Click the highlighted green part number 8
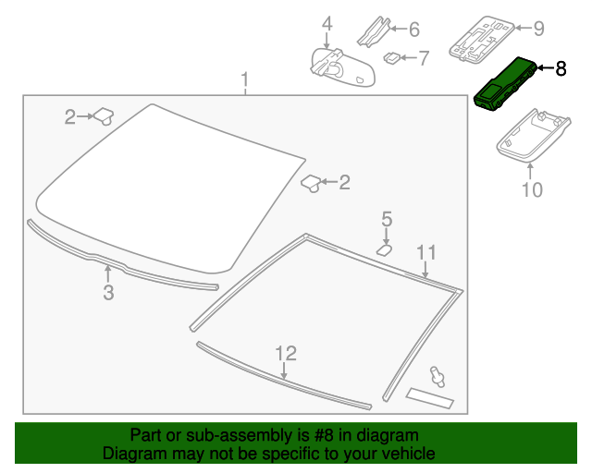[504, 85]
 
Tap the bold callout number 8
[561, 68]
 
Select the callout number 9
[538, 29]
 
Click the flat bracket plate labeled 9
[482, 38]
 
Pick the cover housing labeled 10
[533, 137]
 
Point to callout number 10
[532, 189]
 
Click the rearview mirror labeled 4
[341, 68]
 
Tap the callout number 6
[414, 30]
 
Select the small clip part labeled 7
[392, 57]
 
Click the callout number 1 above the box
[245, 79]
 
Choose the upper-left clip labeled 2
[104, 115]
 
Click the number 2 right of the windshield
[344, 182]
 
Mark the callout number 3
[108, 292]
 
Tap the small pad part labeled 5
[385, 249]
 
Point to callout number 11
[426, 252]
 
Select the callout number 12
[286, 354]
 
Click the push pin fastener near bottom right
[437, 376]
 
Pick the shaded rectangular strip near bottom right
[430, 398]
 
